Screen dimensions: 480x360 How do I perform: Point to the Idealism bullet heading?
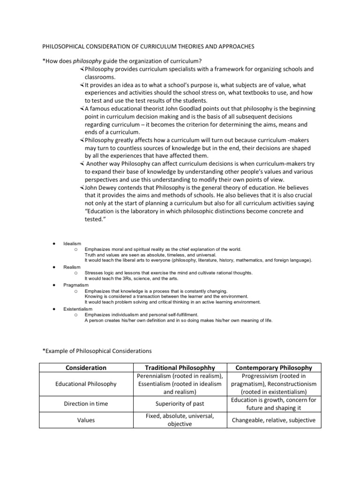point(72,244)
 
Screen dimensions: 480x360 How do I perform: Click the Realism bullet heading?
point(71,267)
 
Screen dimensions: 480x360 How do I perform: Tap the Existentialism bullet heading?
point(78,309)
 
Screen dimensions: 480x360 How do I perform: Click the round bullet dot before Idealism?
point(55,244)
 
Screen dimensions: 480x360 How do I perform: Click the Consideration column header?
point(85,367)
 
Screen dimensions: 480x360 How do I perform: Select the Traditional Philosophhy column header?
point(179,367)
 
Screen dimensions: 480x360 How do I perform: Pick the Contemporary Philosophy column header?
point(274,367)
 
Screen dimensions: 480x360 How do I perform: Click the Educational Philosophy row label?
point(85,384)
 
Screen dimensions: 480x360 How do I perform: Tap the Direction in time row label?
point(85,404)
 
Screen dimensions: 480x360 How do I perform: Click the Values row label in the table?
point(85,420)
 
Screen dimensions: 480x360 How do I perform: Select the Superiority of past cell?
point(179,404)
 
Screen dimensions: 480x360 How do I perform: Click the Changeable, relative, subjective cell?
point(274,420)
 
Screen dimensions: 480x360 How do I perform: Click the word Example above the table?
point(57,350)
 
